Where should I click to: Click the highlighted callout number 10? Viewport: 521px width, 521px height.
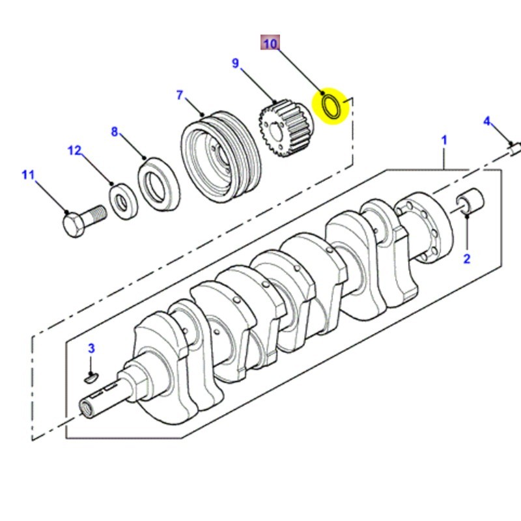pyautogui.click(x=270, y=44)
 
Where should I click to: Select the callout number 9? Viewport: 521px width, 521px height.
pyautogui.click(x=236, y=63)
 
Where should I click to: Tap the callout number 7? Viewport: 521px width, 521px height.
pyautogui.click(x=180, y=95)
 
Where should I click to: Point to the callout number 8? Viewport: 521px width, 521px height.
pyautogui.click(x=115, y=132)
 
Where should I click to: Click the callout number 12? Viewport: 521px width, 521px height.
pyautogui.click(x=76, y=151)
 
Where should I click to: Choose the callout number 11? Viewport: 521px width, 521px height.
pyautogui.click(x=27, y=175)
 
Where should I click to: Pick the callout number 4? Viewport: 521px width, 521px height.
pyautogui.click(x=486, y=121)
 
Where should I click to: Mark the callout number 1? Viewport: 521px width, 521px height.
pyautogui.click(x=444, y=140)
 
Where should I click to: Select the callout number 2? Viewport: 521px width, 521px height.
pyautogui.click(x=466, y=259)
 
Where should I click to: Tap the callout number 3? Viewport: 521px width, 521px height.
pyautogui.click(x=92, y=348)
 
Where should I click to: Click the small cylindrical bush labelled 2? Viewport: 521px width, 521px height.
pyautogui.click(x=470, y=201)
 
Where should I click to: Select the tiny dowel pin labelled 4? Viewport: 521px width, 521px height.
pyautogui.click(x=514, y=149)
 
